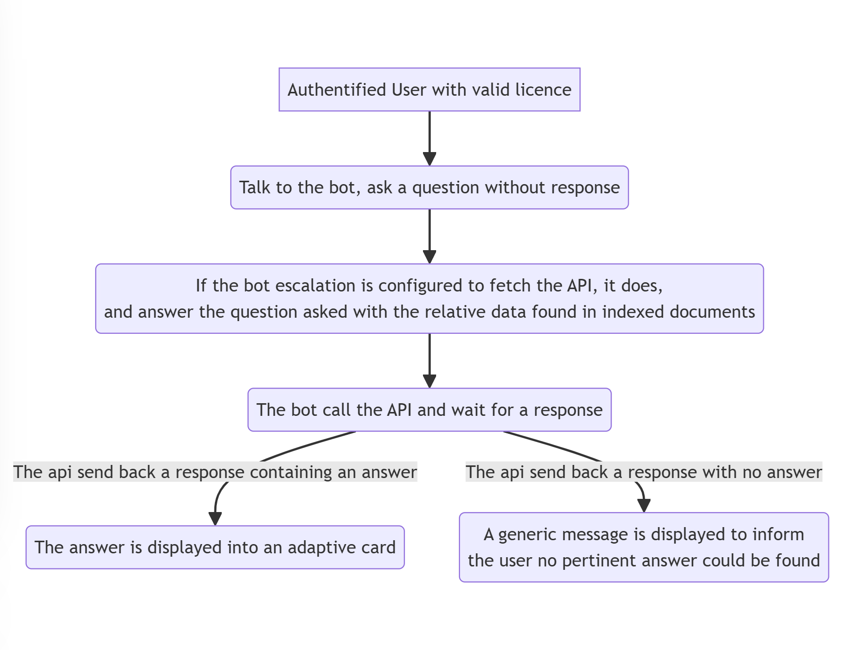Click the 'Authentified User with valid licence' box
[x=429, y=89]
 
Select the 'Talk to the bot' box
[x=429, y=188]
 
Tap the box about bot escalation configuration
[x=429, y=299]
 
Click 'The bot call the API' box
[x=429, y=410]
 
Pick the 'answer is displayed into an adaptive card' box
[x=215, y=547]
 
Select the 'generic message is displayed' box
[x=644, y=547]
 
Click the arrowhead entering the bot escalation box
[x=429, y=257]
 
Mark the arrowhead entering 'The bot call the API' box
[x=429, y=381]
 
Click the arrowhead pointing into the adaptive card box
[x=215, y=519]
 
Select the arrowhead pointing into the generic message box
[x=644, y=506]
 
